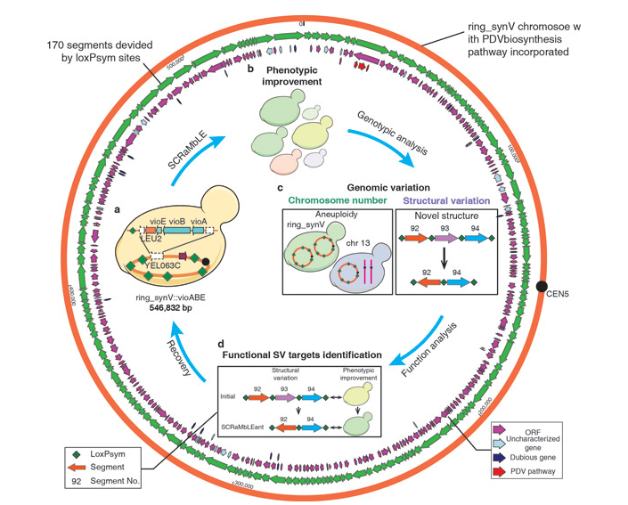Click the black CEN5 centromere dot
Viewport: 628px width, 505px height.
(x=542, y=286)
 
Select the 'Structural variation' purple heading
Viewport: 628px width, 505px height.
(x=443, y=200)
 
